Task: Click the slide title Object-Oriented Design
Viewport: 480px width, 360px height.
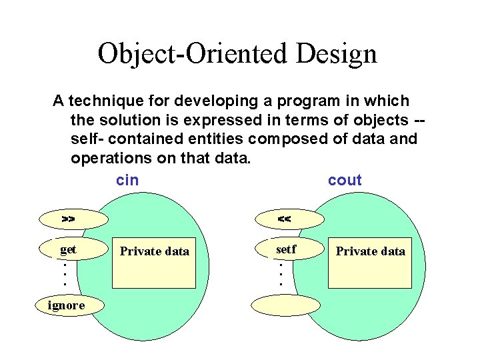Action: point(237,53)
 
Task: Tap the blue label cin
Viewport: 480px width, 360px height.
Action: point(127,180)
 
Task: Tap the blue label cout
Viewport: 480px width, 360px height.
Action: point(345,180)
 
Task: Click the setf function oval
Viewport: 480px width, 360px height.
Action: point(287,249)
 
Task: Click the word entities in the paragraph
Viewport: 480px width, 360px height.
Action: point(213,139)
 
